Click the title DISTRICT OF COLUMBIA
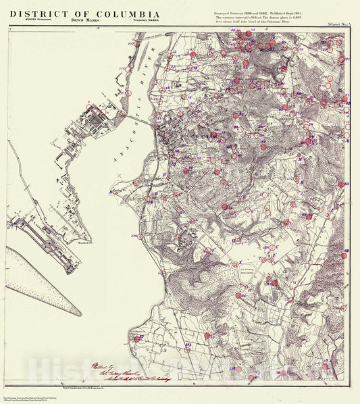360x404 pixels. click(x=85, y=14)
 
